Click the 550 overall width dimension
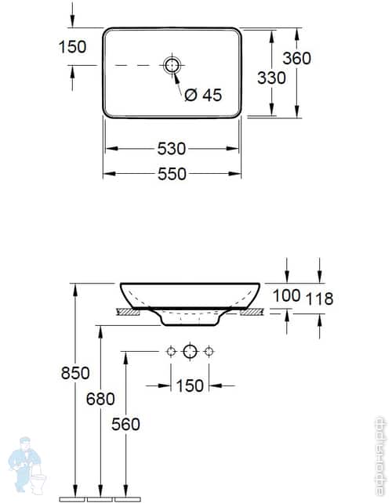tap(172, 174)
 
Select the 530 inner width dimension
tap(172, 148)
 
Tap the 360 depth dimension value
tap(297, 58)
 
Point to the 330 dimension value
tap(270, 78)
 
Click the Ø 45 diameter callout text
tap(203, 95)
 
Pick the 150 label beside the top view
tap(72, 47)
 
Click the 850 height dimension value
tap(75, 372)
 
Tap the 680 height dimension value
tap(100, 399)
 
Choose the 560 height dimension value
tap(125, 424)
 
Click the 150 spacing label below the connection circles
tap(189, 385)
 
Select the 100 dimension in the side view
tap(287, 295)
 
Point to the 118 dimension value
tap(319, 299)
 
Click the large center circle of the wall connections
tap(189, 352)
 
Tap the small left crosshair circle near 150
tap(170, 352)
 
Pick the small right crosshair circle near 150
tap(209, 352)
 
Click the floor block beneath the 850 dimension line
tap(74, 498)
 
